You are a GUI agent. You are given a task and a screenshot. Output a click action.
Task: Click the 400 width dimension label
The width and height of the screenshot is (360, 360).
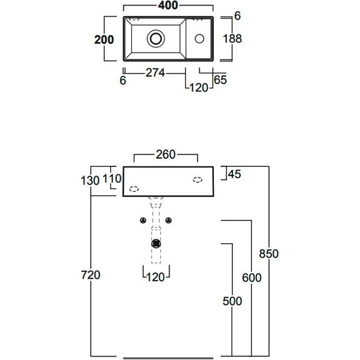[169, 6]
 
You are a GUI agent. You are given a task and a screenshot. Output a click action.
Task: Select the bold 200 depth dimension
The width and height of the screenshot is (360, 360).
[104, 40]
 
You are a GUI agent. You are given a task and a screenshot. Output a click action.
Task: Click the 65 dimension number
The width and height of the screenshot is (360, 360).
[220, 80]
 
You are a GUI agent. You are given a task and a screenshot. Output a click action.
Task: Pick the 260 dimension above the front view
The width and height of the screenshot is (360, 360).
[166, 154]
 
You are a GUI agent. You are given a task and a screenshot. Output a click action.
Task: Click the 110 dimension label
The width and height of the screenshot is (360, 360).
[111, 178]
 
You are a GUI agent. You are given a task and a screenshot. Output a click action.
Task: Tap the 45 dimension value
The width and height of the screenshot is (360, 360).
[235, 174]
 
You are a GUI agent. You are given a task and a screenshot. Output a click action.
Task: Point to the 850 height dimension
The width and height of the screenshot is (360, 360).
[268, 253]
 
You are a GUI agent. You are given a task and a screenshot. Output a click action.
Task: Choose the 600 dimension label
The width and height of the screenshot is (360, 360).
[251, 278]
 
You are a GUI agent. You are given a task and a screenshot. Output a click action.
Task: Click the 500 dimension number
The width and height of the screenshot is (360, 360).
[232, 301]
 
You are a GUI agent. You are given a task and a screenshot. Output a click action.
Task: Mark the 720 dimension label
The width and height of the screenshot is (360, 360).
[91, 275]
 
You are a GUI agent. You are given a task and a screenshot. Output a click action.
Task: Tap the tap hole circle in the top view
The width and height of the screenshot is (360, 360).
[200, 38]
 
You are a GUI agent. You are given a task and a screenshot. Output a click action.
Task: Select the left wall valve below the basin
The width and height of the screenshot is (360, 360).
[142, 220]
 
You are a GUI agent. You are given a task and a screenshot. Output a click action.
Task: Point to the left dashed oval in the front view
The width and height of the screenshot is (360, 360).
[133, 189]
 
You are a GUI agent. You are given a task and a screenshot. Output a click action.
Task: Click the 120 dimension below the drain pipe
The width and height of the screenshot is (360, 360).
[156, 277]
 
